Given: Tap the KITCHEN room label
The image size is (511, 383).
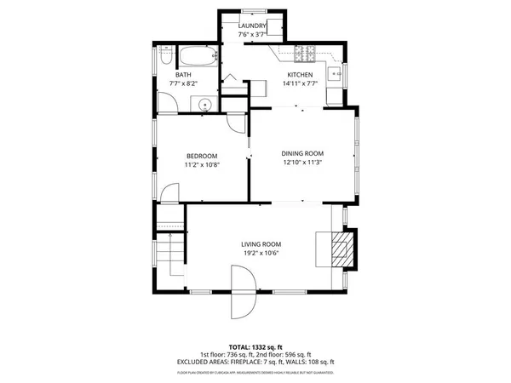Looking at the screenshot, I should click(x=300, y=75).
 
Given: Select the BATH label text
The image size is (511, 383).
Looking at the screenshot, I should click(x=183, y=75).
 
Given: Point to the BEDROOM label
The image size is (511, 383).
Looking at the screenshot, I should click(x=202, y=155).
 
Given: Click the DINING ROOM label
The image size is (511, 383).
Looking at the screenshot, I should click(x=302, y=153).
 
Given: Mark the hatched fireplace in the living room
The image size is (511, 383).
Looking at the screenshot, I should click(x=340, y=249).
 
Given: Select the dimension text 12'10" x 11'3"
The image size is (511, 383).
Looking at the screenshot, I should click(x=302, y=163).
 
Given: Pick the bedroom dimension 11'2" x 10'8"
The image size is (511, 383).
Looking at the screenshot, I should click(x=202, y=164).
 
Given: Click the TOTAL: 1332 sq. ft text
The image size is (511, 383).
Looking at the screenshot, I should click(x=255, y=347).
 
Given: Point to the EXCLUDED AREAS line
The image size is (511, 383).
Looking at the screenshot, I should click(x=255, y=362).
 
